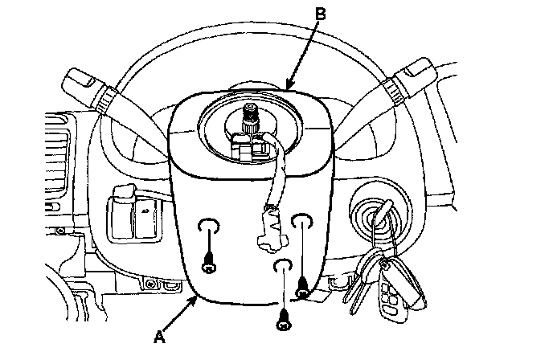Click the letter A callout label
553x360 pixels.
159,337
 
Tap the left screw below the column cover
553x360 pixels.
208,262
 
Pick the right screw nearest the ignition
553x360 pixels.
303,283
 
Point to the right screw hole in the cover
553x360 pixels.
301,221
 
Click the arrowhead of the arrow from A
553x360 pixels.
198,297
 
